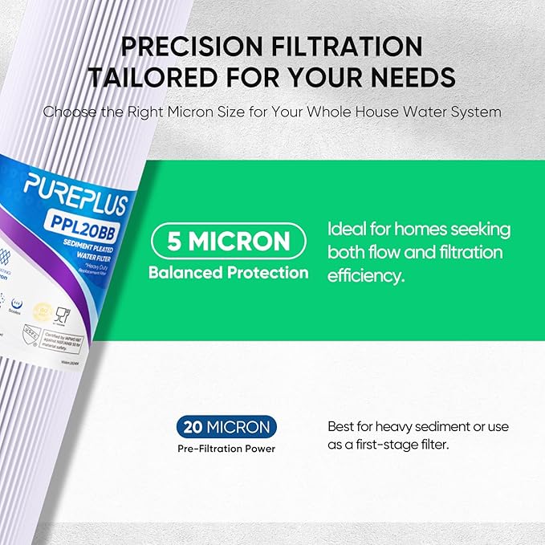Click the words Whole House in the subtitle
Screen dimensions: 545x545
pos(354,112)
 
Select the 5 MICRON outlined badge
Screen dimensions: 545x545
pos(228,240)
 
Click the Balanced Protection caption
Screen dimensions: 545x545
pos(228,273)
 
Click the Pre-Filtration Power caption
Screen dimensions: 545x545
pos(226,449)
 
